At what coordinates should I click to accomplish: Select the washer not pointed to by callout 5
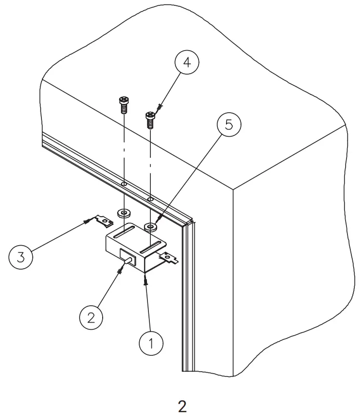click(x=125, y=212)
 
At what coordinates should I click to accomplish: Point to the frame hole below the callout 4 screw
click(x=151, y=199)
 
